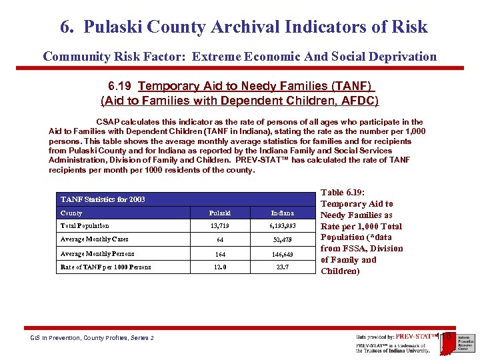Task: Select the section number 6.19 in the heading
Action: [x=121, y=87]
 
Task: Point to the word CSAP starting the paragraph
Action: [x=109, y=122]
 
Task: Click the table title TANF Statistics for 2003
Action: [x=103, y=199]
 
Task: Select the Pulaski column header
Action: [x=220, y=213]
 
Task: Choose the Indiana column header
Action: [x=283, y=213]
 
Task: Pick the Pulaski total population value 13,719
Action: [x=220, y=227]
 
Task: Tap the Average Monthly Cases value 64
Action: [x=220, y=240]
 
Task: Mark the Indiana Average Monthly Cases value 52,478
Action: [x=283, y=240]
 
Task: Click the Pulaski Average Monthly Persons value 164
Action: [x=220, y=254]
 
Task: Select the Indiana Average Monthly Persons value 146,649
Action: [x=283, y=254]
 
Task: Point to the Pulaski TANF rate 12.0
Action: [x=220, y=267]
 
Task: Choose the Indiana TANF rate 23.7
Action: [x=283, y=267]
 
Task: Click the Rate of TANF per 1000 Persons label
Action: [x=105, y=267]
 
